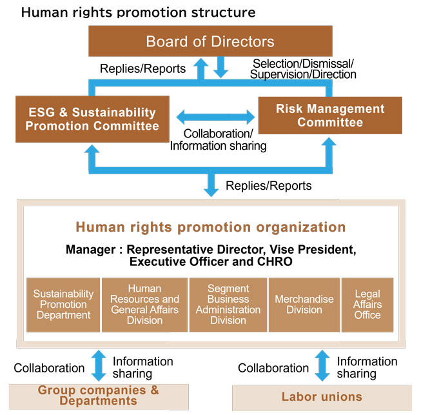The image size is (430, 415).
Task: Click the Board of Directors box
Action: tap(210, 42)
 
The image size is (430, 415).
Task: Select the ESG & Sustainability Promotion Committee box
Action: tap(92, 119)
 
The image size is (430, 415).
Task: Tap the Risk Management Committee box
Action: tap(329, 116)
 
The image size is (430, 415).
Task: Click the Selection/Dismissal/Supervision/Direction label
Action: tap(304, 68)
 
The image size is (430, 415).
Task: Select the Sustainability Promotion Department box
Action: tap(63, 305)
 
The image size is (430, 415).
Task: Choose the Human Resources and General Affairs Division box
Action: tap(144, 305)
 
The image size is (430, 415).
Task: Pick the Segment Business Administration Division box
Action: tap(228, 305)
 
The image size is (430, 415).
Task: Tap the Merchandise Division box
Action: tap(304, 305)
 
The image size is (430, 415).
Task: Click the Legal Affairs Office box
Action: tap(367, 305)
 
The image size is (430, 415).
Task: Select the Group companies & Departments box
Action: tap(99, 396)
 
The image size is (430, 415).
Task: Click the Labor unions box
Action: tap(321, 396)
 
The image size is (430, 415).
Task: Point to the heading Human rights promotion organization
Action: tap(211, 227)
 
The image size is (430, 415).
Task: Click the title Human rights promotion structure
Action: tap(139, 12)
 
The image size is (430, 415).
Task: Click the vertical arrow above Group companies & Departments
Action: tap(99, 366)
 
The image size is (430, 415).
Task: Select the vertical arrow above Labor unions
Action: tap(322, 366)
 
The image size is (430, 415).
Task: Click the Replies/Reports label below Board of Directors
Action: tap(143, 68)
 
